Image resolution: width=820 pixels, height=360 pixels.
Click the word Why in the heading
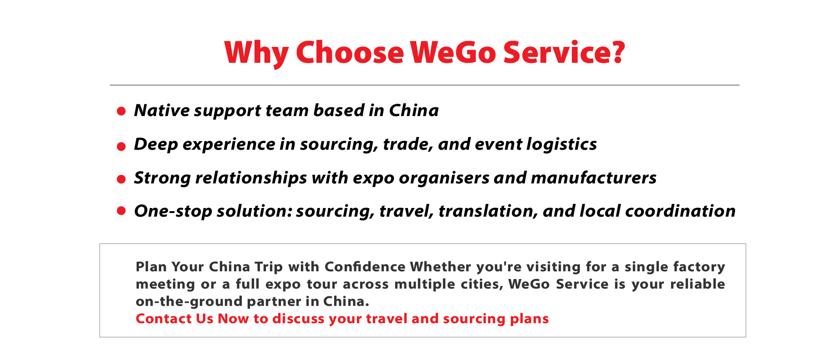(x=256, y=53)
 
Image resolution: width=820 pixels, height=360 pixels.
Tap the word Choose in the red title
(x=350, y=52)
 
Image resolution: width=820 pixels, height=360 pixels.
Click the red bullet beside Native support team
(x=121, y=111)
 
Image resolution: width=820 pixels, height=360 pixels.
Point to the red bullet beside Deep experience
(x=121, y=146)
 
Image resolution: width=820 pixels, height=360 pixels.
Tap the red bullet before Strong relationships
(x=121, y=179)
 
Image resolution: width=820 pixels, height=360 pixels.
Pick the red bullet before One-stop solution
(x=121, y=210)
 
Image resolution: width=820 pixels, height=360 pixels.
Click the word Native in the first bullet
(x=162, y=111)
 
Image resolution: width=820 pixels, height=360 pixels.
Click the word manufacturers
(x=594, y=177)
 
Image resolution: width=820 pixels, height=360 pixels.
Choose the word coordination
(x=680, y=211)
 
